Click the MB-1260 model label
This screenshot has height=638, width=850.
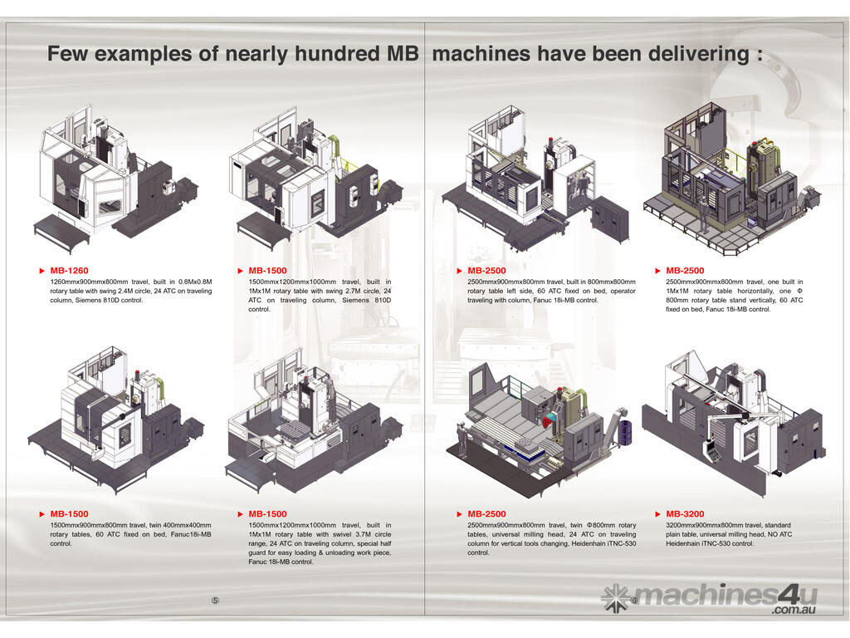pos(69,271)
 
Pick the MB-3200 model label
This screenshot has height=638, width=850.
pos(685,514)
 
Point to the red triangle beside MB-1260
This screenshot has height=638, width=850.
pos(41,271)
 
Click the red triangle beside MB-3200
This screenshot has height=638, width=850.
pos(657,514)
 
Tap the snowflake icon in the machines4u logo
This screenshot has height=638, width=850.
pos(616,596)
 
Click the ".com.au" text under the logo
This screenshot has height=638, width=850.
pos(793,611)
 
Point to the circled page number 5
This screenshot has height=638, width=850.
pos(215,601)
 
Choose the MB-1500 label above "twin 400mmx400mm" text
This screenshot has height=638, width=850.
pos(69,514)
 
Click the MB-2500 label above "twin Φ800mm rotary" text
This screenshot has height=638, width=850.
pos(486,514)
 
